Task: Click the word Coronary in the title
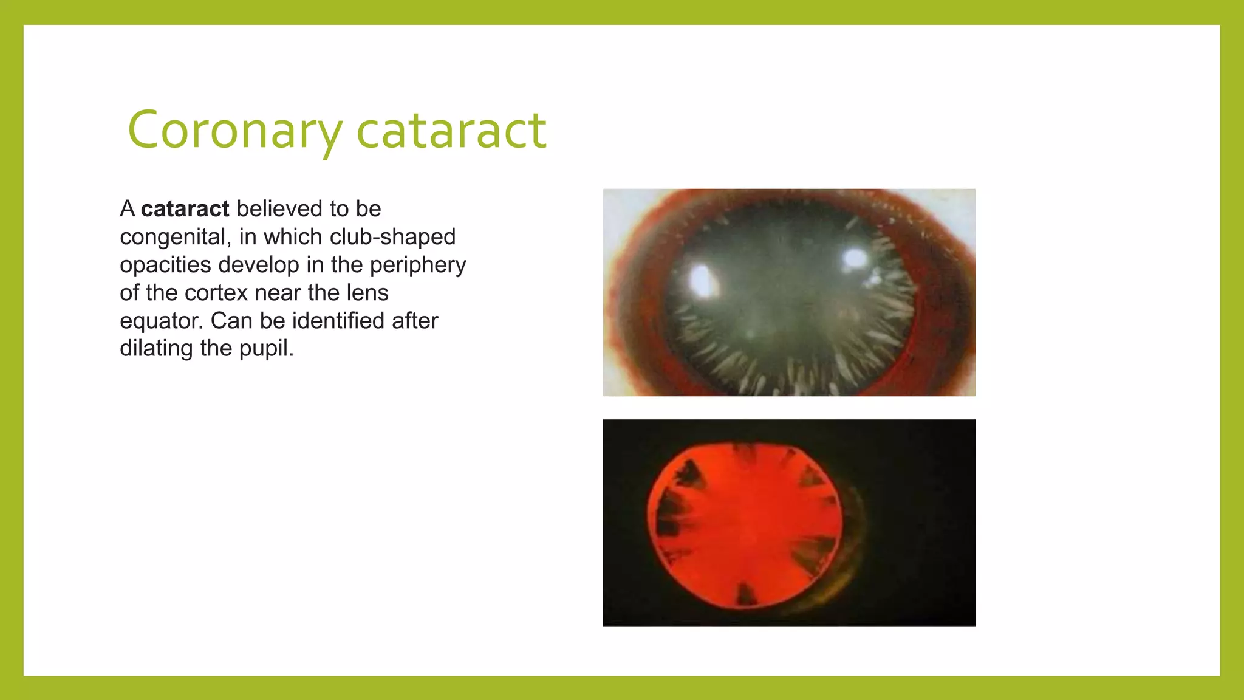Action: pos(234,130)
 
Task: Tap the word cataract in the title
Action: pos(451,130)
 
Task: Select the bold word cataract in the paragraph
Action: pos(185,209)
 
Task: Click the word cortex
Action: pos(217,293)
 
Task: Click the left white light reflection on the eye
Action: pos(702,280)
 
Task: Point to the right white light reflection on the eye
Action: pos(855,259)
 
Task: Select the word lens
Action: pos(367,293)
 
